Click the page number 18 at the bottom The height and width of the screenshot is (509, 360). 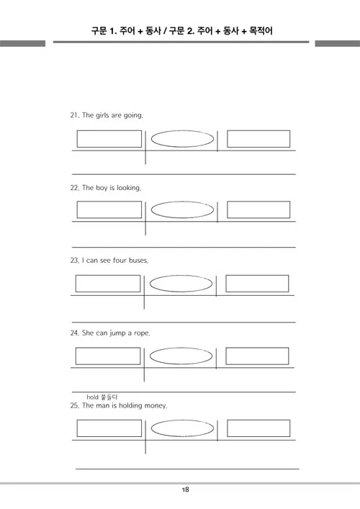pyautogui.click(x=185, y=490)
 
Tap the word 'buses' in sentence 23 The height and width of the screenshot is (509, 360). pyautogui.click(x=138, y=261)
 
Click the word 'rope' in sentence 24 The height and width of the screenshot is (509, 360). pyautogui.click(x=142, y=333)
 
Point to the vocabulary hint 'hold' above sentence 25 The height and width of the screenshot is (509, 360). pyautogui.click(x=92, y=397)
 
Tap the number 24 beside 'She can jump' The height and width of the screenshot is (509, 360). pyautogui.click(x=74, y=333)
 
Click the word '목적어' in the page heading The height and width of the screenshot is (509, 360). pyautogui.click(x=261, y=31)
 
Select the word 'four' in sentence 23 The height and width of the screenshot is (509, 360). pyautogui.click(x=120, y=261)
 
